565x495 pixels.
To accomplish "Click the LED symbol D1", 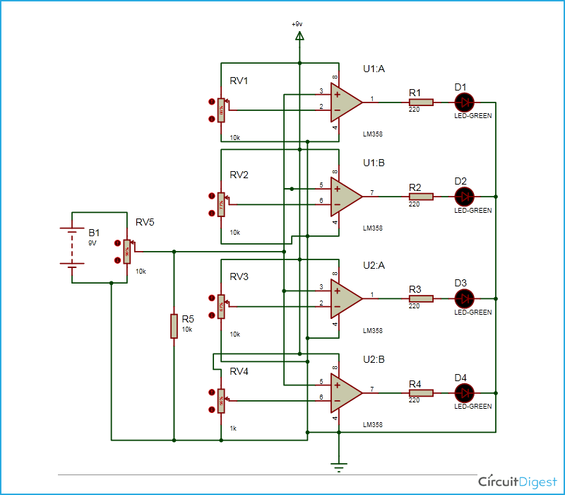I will [466, 102].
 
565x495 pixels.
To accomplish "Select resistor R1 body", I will [421, 102].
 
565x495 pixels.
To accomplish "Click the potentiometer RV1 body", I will [221, 110].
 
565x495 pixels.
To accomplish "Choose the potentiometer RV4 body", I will [221, 402].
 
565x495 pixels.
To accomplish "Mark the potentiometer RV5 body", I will [127, 252].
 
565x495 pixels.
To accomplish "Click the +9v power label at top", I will [297, 24].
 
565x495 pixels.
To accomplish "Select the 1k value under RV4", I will [234, 429].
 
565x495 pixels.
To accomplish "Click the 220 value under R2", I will [415, 204].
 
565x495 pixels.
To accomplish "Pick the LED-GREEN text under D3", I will [472, 312].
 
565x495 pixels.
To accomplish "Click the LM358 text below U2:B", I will [372, 425].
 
